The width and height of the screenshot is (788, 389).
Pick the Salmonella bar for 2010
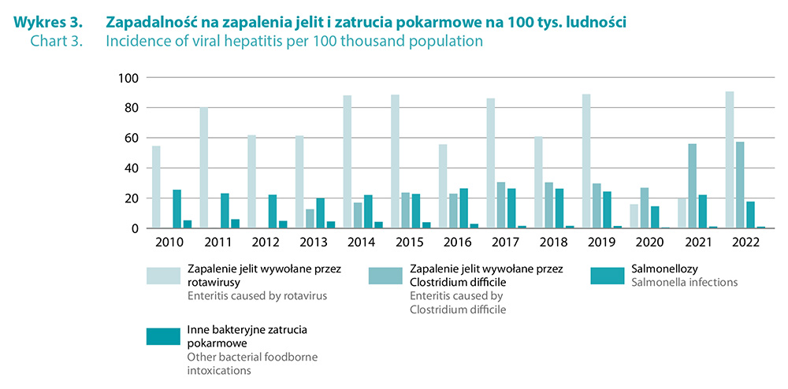pyautogui.click(x=177, y=209)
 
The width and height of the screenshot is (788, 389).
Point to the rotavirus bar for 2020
pyautogui.click(x=634, y=216)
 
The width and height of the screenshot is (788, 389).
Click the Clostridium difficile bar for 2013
pyautogui.click(x=310, y=218)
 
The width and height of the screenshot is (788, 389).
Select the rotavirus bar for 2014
pyautogui.click(x=348, y=161)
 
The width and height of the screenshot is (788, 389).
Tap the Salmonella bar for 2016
pyautogui.click(x=464, y=208)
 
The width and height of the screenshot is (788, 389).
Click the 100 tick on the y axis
pyautogui.click(x=128, y=78)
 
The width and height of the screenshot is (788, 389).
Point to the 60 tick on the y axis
pyautogui.click(x=132, y=138)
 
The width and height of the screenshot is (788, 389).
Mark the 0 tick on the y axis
pyautogui.click(x=136, y=228)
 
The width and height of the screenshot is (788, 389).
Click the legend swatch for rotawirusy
pyautogui.click(x=162, y=275)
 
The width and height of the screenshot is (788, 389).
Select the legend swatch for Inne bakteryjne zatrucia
pyautogui.click(x=162, y=336)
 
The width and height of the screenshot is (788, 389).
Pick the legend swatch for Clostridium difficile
pyautogui.click(x=385, y=275)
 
